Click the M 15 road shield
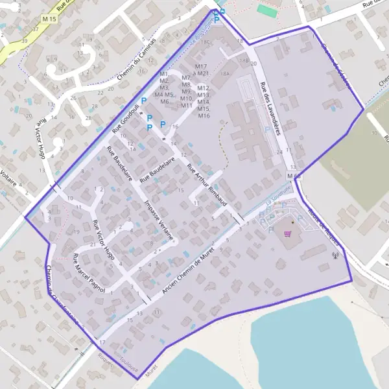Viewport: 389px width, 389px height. (x=49, y=20)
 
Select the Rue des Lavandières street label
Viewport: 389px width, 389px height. (x=270, y=108)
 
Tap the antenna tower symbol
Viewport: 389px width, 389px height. (x=335, y=255)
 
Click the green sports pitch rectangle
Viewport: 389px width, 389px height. (x=266, y=10)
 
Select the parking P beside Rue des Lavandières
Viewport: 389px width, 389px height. (x=268, y=130)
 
